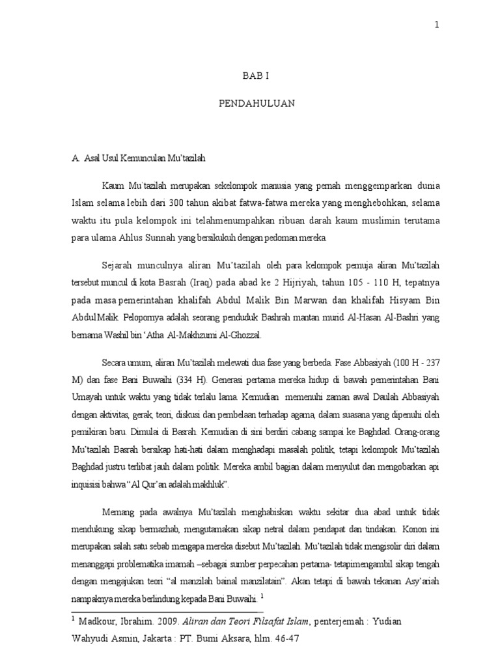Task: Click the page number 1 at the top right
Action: tap(436, 25)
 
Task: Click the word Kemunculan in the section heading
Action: tap(149, 158)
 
